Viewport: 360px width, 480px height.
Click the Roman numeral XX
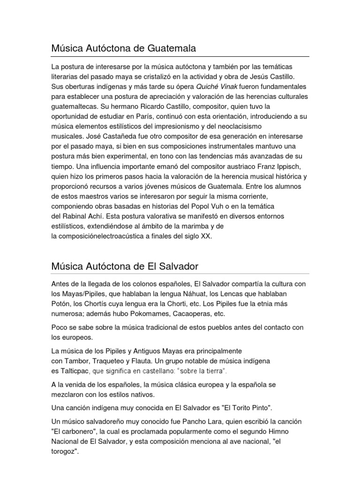tap(206, 237)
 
